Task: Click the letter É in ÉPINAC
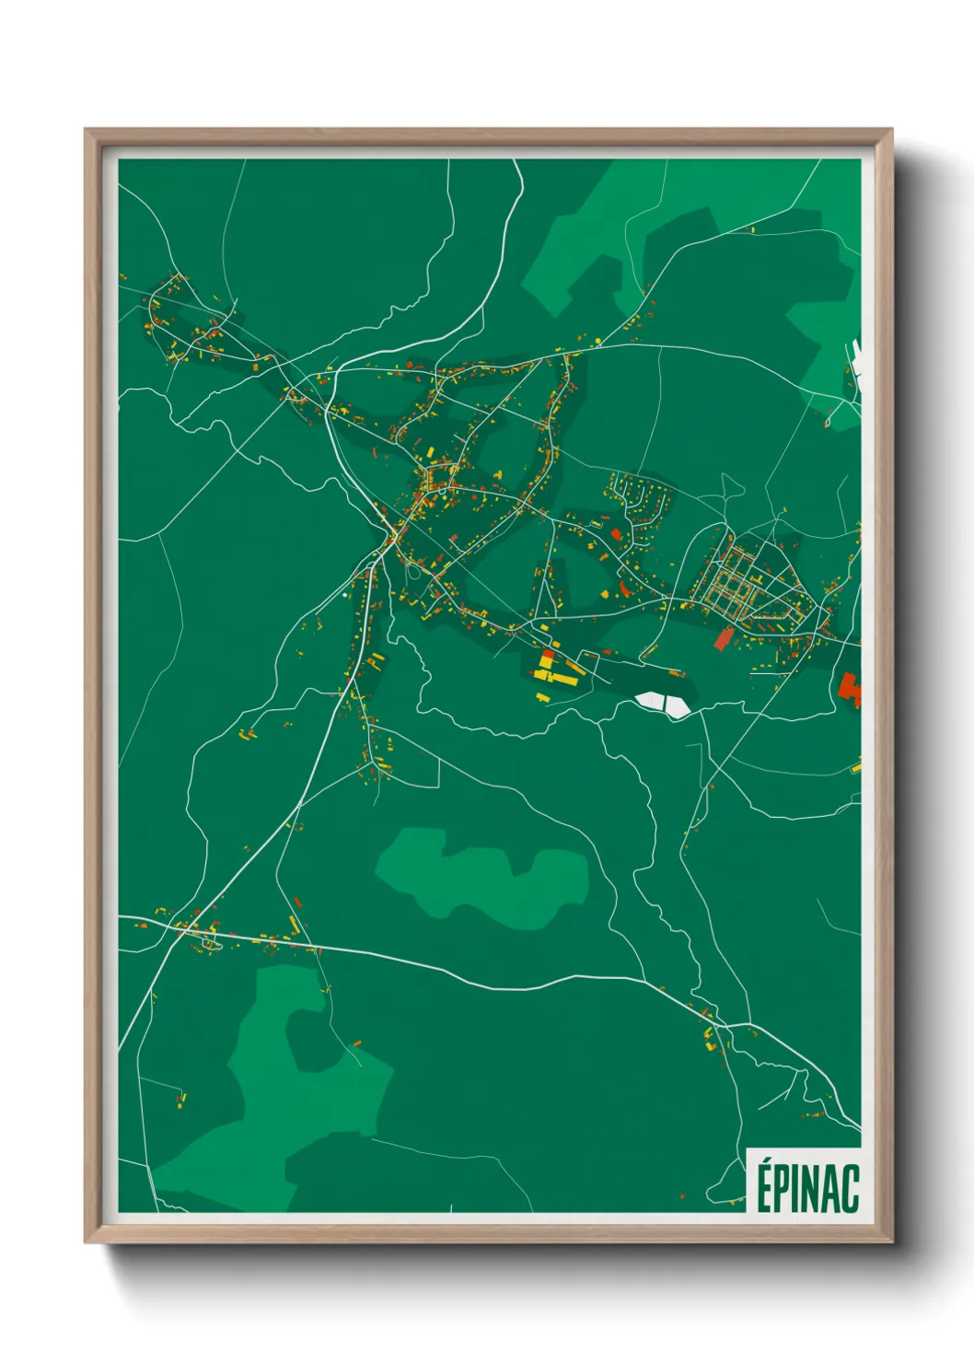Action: (x=764, y=1187)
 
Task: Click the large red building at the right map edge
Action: (x=849, y=688)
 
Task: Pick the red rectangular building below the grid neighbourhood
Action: (x=724, y=638)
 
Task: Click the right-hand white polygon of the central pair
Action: (x=678, y=705)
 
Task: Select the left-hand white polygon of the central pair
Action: (x=651, y=701)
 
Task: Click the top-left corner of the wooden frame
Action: (x=87, y=131)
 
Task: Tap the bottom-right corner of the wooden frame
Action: (x=890, y=1241)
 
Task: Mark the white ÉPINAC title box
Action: (x=804, y=1181)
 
